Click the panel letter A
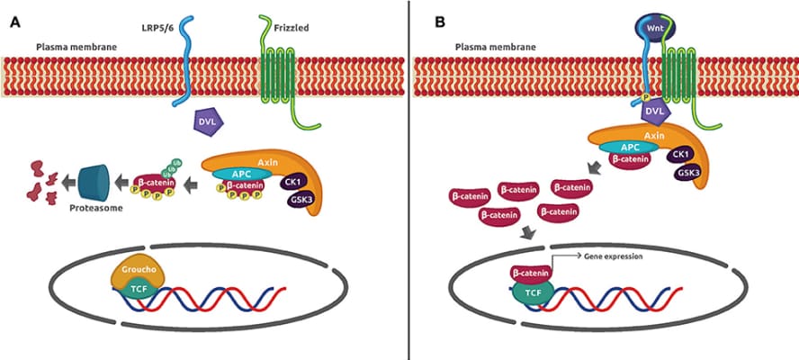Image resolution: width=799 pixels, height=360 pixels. coord(15,21)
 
